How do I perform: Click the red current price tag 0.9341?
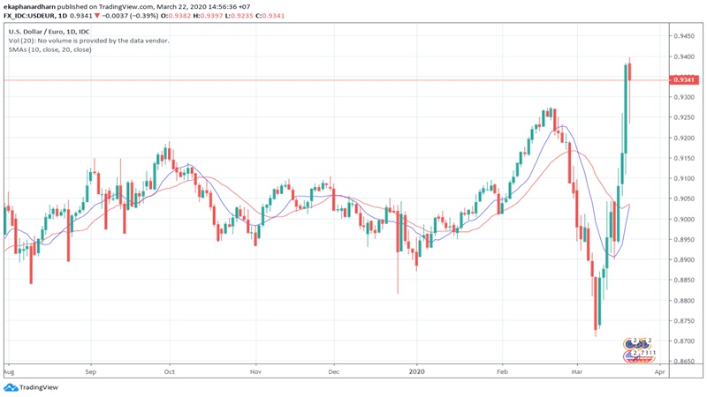coord(682,80)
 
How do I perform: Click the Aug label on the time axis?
coord(9,372)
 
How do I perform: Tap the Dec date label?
coord(334,372)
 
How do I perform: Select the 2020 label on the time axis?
coord(418,372)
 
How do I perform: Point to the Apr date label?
coord(658,372)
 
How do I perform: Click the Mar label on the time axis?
coord(576,372)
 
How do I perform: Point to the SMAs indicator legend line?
coord(60,51)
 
